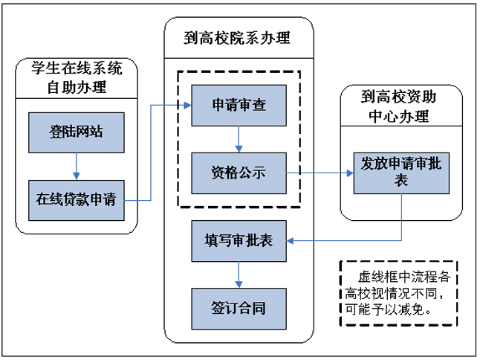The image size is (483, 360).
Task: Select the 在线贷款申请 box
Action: tap(76, 199)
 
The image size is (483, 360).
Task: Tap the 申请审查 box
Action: tap(239, 105)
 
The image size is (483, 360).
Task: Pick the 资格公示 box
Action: tap(239, 172)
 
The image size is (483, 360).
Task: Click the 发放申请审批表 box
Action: tap(401, 172)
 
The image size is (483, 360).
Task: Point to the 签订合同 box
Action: tap(239, 307)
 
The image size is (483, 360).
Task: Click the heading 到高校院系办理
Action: tap(237, 38)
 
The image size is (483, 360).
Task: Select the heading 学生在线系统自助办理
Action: tap(77, 77)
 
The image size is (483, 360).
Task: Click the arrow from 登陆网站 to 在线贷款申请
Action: tap(76, 166)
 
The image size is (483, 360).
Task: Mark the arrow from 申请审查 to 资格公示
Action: tap(239, 138)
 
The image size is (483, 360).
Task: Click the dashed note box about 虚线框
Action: tap(399, 293)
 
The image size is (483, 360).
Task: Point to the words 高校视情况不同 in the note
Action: tap(395, 292)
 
